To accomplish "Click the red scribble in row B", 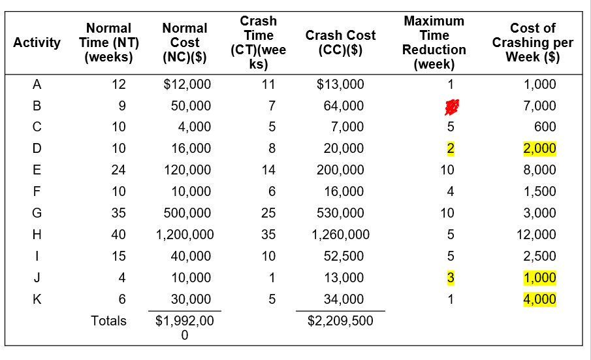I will [449, 106].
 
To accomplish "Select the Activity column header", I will [37, 42].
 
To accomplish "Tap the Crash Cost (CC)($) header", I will [340, 42].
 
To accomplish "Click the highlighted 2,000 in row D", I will [539, 149].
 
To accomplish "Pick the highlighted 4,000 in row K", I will [539, 300].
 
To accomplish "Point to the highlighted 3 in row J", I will [449, 278].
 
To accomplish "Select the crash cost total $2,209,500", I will [340, 321].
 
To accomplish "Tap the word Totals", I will [108, 321].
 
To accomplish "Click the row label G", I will [37, 213].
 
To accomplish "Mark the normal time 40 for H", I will [119, 235].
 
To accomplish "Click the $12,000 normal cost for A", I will [187, 84].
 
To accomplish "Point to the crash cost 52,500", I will [344, 256].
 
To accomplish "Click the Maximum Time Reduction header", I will [434, 42].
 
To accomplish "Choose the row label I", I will [37, 256].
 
